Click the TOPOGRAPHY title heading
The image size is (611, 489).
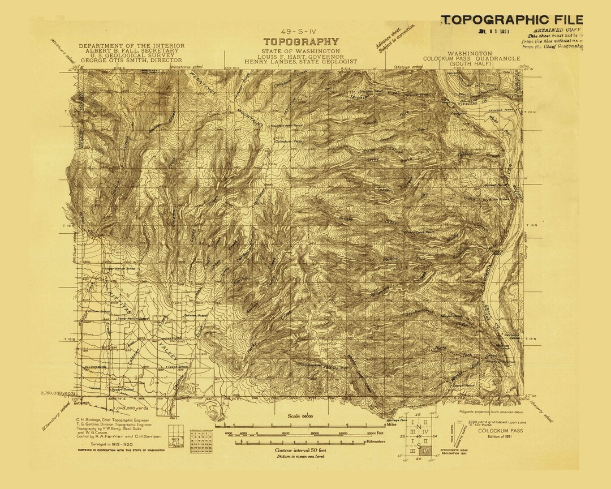[x=300, y=42]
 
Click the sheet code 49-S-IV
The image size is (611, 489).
[x=300, y=32]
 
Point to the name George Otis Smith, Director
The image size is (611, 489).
[x=131, y=59]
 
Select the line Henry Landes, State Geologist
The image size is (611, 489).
[x=300, y=61]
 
